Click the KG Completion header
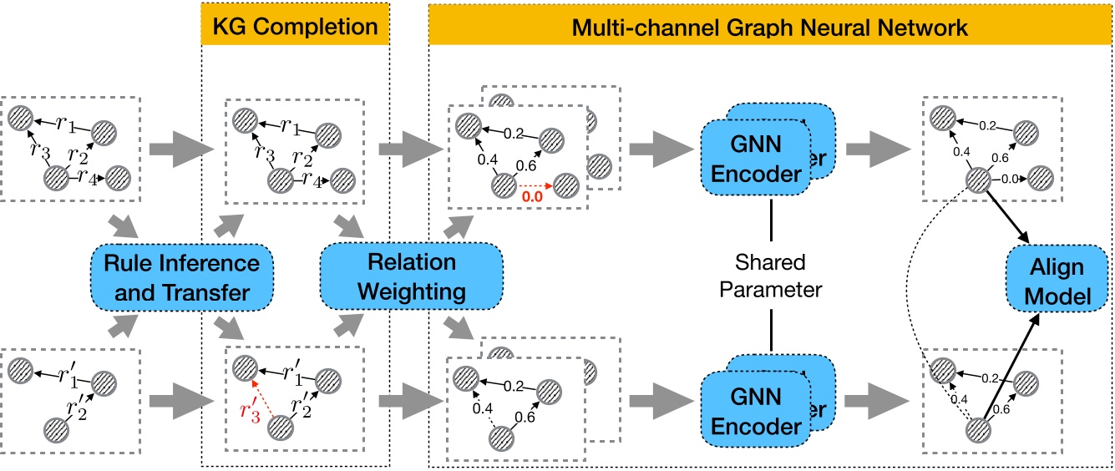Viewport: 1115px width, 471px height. pos(296,24)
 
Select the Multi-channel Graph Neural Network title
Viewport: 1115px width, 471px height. pos(769,25)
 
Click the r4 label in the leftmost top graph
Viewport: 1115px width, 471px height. pos(90,178)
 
